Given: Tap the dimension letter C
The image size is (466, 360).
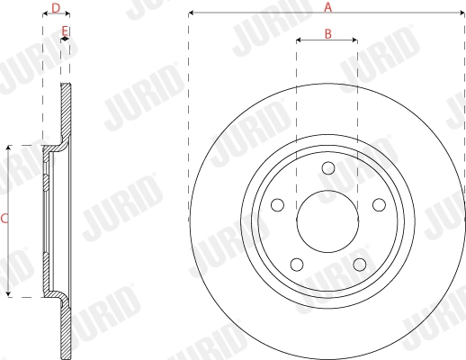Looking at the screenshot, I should click(4, 218).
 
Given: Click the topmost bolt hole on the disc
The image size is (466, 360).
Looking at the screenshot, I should click(327, 167).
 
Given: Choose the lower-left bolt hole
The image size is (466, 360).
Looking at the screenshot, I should click(296, 264).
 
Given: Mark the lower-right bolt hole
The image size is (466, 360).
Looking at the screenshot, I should click(359, 264).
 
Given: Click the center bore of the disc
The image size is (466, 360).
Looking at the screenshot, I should click(327, 220).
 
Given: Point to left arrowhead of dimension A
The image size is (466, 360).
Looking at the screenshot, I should click(192, 13).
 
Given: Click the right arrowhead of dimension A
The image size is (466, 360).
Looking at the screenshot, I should click(462, 13).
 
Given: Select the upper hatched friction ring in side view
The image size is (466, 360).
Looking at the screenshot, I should click(65, 112).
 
